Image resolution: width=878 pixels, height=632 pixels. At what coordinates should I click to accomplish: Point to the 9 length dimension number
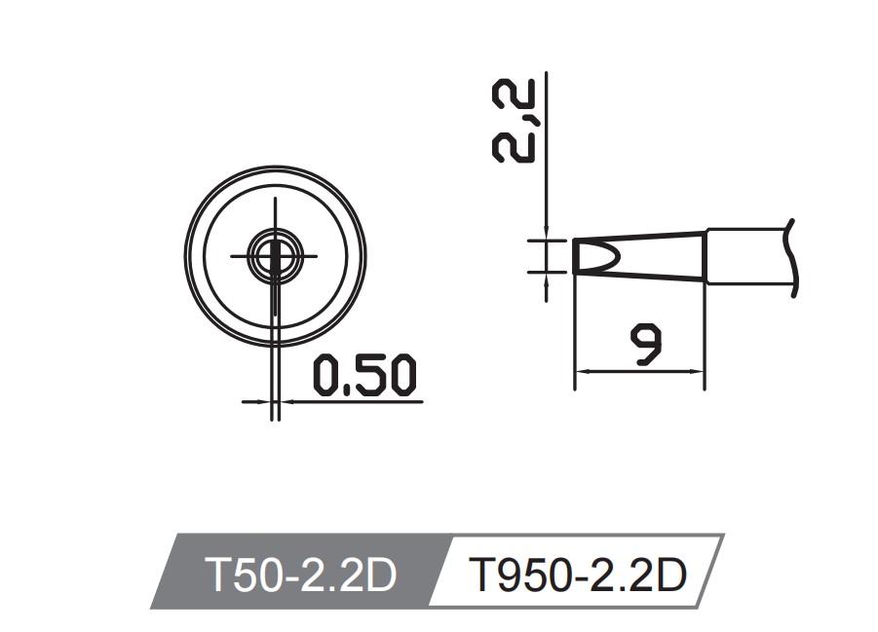coord(642,346)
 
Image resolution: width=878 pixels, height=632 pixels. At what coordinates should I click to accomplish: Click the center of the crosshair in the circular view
coord(276,256)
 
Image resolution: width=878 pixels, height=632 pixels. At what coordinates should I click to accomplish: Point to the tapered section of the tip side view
coord(653,256)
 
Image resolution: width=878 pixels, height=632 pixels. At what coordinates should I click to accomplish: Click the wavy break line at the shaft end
coord(794,258)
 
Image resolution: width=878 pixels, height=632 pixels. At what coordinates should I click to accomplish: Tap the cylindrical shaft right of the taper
coord(745,257)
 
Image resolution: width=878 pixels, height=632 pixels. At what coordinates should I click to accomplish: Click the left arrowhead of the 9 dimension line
coord(582,371)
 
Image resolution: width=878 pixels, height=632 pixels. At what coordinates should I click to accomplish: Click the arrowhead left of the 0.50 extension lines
coord(262,399)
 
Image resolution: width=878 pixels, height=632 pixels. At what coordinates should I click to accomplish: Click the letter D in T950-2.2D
coord(671,576)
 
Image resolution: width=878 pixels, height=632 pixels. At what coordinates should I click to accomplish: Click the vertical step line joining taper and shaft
coord(705,256)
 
